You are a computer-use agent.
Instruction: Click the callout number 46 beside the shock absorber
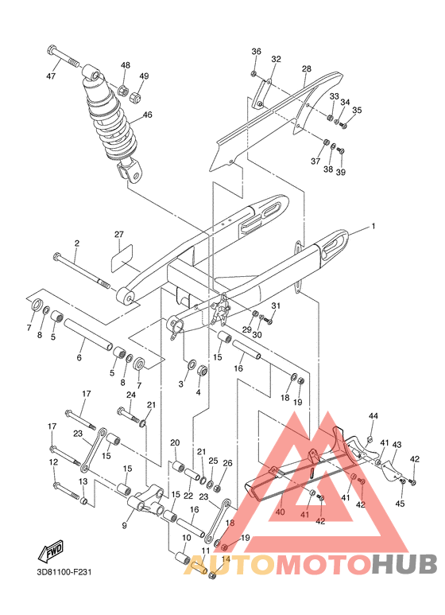click(x=147, y=115)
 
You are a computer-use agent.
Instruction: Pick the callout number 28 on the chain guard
click(x=306, y=70)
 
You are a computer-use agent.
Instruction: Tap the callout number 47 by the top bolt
click(x=51, y=76)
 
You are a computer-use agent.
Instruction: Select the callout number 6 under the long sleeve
click(x=79, y=358)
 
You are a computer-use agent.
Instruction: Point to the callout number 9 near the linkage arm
click(x=124, y=525)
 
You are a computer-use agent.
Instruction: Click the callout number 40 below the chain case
click(x=279, y=512)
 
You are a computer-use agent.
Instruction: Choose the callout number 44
click(x=373, y=416)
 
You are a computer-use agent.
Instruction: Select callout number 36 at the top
click(x=256, y=51)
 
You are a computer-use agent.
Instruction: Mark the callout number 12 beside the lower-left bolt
click(x=53, y=462)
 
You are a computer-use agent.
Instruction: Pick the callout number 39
click(x=341, y=172)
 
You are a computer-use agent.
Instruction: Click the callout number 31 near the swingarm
click(x=276, y=306)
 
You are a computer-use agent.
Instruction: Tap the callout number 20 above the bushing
click(x=175, y=442)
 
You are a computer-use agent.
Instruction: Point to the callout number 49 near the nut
click(x=144, y=76)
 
